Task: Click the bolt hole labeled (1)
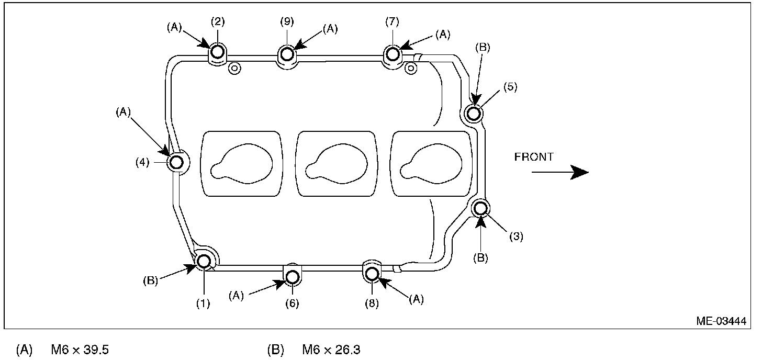click(x=203, y=260)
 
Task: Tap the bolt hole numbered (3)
click(x=480, y=208)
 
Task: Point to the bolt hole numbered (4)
click(x=177, y=162)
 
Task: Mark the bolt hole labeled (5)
click(x=473, y=113)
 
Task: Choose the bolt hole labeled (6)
click(x=292, y=276)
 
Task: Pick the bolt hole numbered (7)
click(x=393, y=53)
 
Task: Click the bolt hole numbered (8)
click(x=372, y=273)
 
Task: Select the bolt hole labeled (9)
click(x=287, y=54)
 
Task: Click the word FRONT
click(x=534, y=156)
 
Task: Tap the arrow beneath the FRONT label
click(x=560, y=172)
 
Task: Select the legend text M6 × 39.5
click(x=80, y=350)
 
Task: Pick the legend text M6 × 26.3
click(x=331, y=350)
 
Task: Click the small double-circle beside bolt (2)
click(x=234, y=67)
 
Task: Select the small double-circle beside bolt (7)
click(x=411, y=67)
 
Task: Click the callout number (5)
click(x=510, y=87)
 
